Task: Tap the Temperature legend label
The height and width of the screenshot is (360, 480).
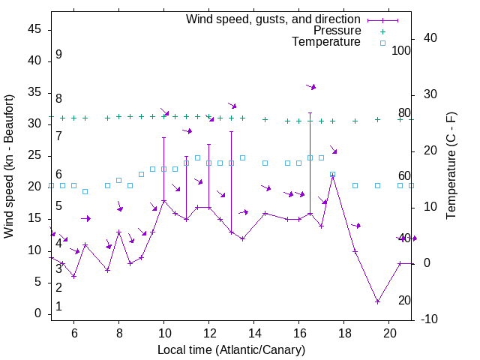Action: pyautogui.click(x=326, y=42)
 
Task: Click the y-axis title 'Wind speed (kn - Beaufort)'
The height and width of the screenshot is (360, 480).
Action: pyautogui.click(x=8, y=166)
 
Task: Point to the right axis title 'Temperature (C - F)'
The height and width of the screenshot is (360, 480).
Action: pyautogui.click(x=451, y=166)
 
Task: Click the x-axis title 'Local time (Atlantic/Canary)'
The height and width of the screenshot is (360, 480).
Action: pyautogui.click(x=231, y=350)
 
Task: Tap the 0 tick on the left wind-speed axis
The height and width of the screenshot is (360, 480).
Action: pyautogui.click(x=38, y=313)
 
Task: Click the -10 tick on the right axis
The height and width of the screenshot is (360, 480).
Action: pyautogui.click(x=432, y=319)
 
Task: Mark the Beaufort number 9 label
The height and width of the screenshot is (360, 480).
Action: pyautogui.click(x=58, y=55)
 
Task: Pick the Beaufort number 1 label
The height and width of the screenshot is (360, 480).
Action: pyautogui.click(x=58, y=307)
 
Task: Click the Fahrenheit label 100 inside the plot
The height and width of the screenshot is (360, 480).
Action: pyautogui.click(x=402, y=51)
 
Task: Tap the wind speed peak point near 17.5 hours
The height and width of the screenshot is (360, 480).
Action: pyautogui.click(x=332, y=175)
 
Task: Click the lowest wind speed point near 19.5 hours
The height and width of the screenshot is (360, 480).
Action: pyautogui.click(x=377, y=301)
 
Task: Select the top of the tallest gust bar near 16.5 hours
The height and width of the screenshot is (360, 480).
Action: pyautogui.click(x=310, y=112)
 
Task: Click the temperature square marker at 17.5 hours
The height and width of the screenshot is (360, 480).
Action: pyautogui.click(x=332, y=174)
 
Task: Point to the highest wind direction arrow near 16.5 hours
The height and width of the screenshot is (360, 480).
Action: pyautogui.click(x=310, y=87)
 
